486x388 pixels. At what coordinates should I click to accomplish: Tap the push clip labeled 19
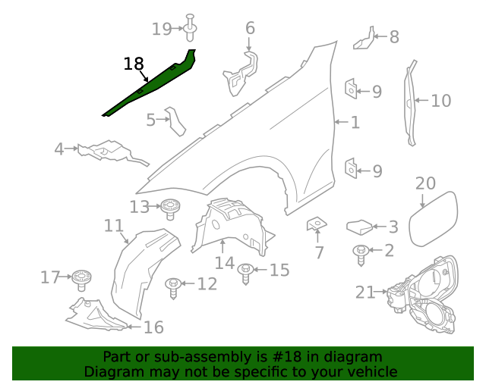(191, 27)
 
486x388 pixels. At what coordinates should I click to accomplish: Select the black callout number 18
(134, 64)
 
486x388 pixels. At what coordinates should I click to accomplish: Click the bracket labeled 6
(241, 74)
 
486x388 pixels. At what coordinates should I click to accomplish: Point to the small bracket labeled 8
(364, 39)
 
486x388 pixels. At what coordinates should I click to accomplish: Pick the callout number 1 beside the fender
(355, 122)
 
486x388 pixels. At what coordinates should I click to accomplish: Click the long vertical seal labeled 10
(410, 103)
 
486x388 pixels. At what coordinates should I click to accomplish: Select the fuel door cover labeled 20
(434, 219)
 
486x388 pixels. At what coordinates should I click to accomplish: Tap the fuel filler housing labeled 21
(422, 295)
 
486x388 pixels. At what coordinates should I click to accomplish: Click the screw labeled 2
(361, 255)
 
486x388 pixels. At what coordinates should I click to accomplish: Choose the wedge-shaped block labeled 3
(359, 227)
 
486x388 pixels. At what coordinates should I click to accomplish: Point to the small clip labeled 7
(317, 224)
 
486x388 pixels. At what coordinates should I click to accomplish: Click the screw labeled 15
(245, 274)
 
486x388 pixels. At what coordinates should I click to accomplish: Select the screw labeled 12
(173, 288)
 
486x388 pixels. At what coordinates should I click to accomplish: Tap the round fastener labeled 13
(170, 208)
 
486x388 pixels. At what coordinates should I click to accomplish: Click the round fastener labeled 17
(82, 280)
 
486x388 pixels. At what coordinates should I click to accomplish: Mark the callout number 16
(153, 327)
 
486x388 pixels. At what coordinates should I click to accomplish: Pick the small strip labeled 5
(175, 121)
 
